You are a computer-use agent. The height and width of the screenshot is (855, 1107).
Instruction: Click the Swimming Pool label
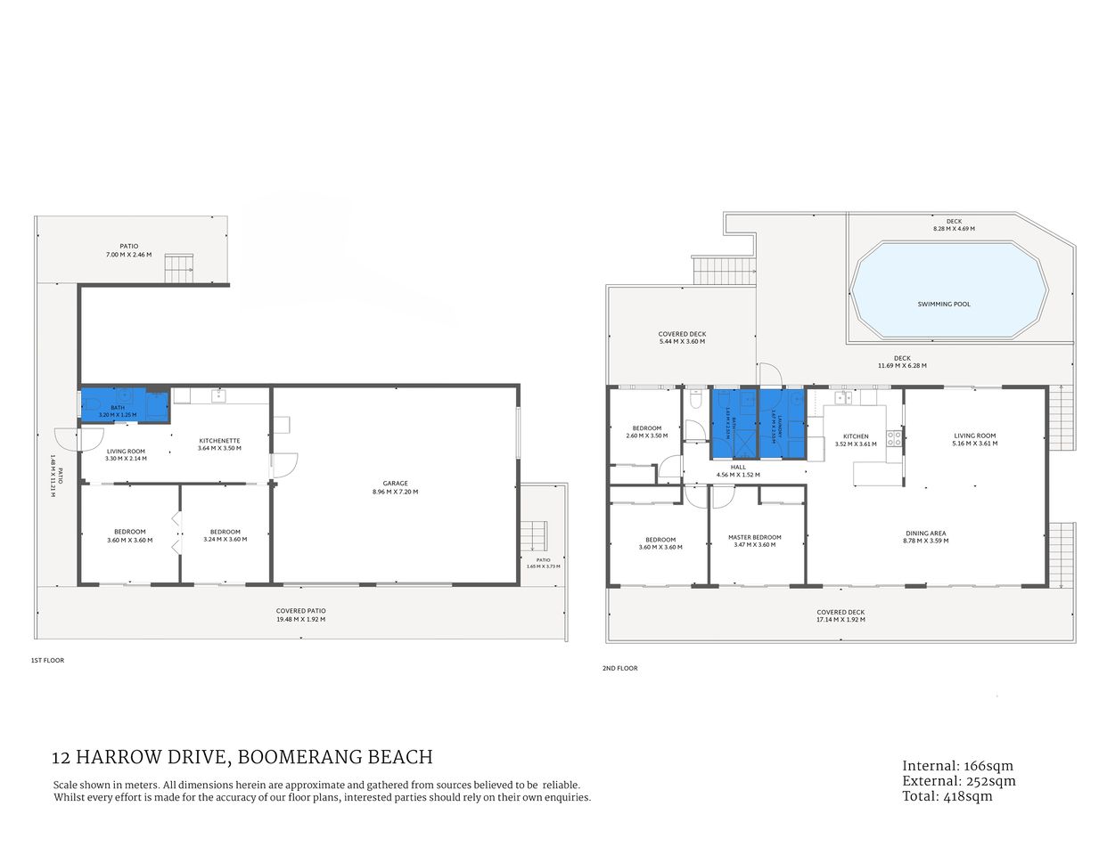(944, 304)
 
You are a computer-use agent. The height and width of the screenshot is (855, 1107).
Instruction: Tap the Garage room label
(395, 484)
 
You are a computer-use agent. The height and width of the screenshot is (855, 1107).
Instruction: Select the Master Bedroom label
(754, 537)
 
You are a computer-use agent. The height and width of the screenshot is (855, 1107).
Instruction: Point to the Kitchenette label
(219, 441)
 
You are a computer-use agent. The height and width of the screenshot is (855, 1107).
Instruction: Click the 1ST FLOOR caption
(47, 661)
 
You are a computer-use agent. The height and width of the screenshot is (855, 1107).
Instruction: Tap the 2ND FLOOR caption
(619, 668)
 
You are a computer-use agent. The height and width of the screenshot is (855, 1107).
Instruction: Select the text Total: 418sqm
(947, 796)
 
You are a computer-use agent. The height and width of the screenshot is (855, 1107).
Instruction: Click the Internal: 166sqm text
(957, 766)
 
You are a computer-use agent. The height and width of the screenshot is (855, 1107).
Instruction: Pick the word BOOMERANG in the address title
(300, 757)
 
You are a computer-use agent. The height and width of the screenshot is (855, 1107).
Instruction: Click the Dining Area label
(925, 533)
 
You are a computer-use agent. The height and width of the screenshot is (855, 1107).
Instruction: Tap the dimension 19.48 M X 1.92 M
(300, 619)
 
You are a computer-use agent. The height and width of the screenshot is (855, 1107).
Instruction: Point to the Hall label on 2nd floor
(738, 467)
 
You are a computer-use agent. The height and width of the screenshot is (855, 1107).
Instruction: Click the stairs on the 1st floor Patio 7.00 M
(179, 268)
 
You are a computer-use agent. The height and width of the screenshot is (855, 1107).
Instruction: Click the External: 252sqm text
(959, 781)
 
